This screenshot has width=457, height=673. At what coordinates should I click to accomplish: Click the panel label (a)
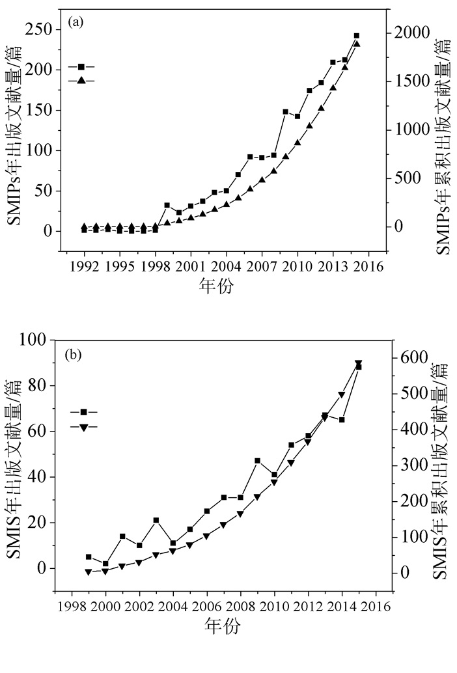coord(76,23)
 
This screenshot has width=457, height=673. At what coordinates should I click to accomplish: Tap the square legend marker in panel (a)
coord(81,67)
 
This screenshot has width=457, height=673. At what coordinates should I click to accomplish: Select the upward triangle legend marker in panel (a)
coord(81,80)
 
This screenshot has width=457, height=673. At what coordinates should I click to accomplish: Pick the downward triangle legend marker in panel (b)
coord(83,427)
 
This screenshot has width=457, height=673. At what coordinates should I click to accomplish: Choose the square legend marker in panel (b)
coord(83,412)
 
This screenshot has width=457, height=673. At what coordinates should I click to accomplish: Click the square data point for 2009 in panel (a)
coord(285,112)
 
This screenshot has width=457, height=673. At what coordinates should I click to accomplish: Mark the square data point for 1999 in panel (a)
coord(167,205)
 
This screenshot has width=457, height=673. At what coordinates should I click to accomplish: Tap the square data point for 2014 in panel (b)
coord(341,420)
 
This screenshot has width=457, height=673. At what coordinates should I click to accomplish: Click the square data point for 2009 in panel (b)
coord(257,461)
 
